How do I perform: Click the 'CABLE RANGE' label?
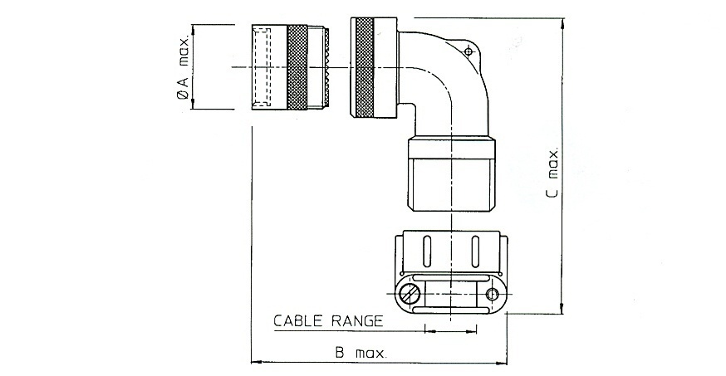click(328, 321)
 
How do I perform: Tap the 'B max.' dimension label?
click(361, 354)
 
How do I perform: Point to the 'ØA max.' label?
click(184, 67)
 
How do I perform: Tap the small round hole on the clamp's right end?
click(493, 294)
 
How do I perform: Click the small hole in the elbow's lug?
click(468, 51)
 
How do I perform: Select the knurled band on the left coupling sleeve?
click(297, 67)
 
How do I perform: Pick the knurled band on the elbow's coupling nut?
click(365, 67)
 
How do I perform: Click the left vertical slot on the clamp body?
click(427, 251)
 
